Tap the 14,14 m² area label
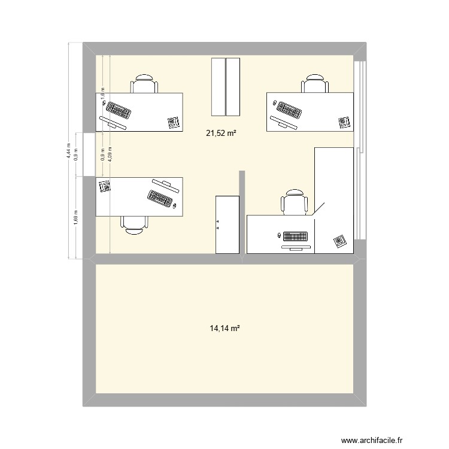[224, 328]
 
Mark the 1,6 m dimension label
[102, 94]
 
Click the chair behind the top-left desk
[144, 84]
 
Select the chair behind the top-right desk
[315, 84]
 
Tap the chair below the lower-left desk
[135, 222]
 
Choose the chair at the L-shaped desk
[295, 202]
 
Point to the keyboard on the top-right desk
[289, 110]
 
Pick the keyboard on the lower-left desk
[160, 197]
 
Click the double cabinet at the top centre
[225, 86]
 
